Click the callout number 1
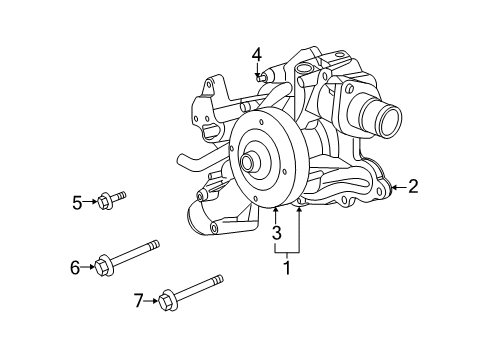pos(288,267)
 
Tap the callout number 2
pos(413,185)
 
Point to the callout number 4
pos(257,54)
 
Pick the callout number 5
pos(77,203)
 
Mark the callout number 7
pos(138,298)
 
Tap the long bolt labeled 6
pos(130,256)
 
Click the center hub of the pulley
pos(248,161)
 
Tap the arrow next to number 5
pos(91,203)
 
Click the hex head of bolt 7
pos(167,297)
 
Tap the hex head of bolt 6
pos(103,265)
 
